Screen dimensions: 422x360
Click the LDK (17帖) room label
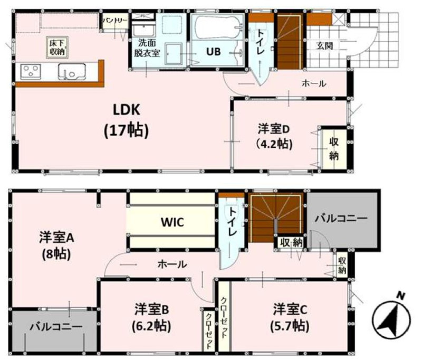click(126, 120)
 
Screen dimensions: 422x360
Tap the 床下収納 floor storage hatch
click(57, 47)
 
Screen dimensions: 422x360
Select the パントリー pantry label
click(115, 21)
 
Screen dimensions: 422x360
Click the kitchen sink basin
click(72, 72)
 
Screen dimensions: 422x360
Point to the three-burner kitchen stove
click(30, 71)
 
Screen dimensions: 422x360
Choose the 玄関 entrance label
click(324, 46)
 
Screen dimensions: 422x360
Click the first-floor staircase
click(289, 42)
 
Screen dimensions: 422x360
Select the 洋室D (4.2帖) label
click(274, 136)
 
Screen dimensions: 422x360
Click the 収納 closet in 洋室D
click(334, 149)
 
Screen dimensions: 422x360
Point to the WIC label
click(172, 222)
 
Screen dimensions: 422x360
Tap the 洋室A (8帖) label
click(56, 245)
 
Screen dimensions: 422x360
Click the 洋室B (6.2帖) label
click(151, 318)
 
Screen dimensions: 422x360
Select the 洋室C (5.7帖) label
click(290, 317)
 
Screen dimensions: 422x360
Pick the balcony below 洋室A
click(54, 331)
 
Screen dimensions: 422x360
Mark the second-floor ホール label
click(172, 264)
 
